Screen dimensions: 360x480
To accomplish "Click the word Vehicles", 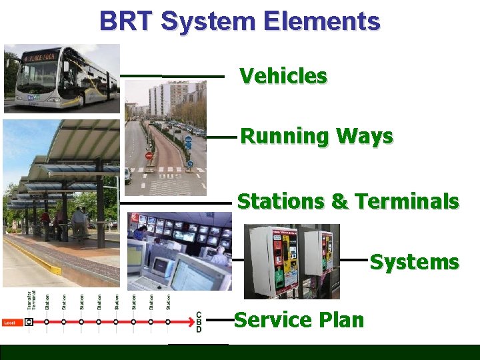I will pyautogui.click(x=283, y=76).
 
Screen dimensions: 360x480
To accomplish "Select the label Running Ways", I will pyautogui.click(x=316, y=137).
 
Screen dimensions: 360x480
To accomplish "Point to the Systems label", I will pyautogui.click(x=414, y=263).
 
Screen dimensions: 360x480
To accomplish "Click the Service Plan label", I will pyautogui.click(x=299, y=320).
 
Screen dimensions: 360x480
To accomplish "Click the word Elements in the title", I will pyautogui.click(x=321, y=21).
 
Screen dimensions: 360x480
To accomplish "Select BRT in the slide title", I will pyautogui.click(x=127, y=21).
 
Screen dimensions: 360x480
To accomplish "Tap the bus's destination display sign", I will pyautogui.click(x=43, y=57).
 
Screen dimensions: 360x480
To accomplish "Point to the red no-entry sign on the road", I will pyautogui.click(x=149, y=156).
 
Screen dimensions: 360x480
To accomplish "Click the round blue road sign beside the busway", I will pyautogui.click(x=189, y=142).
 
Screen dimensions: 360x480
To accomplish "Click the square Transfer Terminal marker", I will pyautogui.click(x=29, y=322).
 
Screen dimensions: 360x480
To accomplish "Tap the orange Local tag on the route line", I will pyautogui.click(x=9, y=323).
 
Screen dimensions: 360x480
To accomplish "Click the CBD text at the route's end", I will pyautogui.click(x=198, y=322).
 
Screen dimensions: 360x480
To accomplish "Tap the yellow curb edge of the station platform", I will pyautogui.click(x=33, y=257).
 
